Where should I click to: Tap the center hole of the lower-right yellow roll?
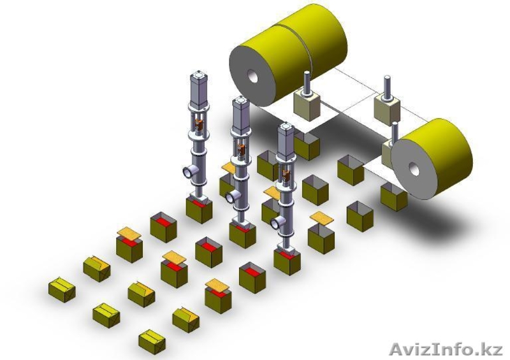point(414,169)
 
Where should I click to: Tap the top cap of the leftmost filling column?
point(198,74)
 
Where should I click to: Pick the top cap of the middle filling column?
point(240,100)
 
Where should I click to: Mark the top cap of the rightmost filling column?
point(286,126)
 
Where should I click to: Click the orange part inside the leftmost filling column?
point(199,124)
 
